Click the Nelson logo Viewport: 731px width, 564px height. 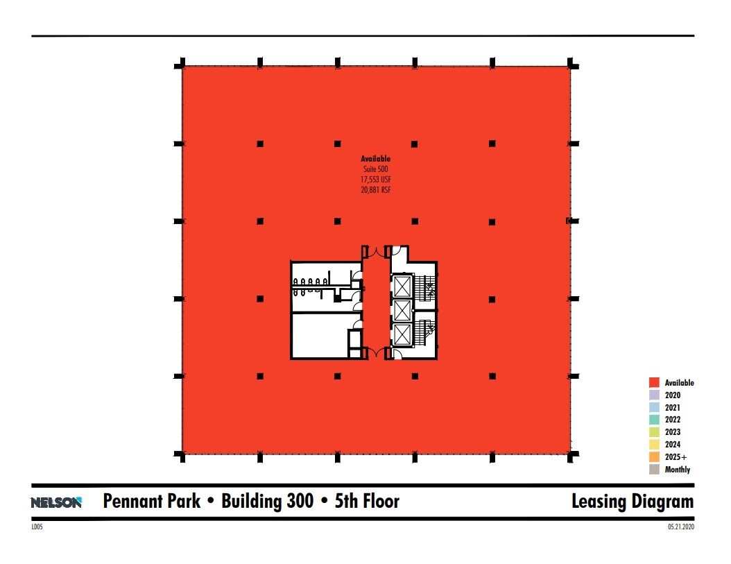click(56, 502)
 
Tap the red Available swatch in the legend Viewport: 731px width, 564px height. click(654, 382)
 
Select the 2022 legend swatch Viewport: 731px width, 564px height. click(654, 420)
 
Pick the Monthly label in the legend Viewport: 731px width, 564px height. click(678, 469)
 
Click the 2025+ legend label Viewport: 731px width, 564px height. click(676, 456)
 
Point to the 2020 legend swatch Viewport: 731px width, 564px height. click(654, 395)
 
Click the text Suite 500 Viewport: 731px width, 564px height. click(376, 169)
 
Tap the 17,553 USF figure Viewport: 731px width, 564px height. click(376, 180)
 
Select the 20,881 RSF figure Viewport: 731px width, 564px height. click(376, 190)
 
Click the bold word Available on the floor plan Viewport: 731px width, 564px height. click(376, 159)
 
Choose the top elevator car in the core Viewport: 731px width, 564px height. click(402, 287)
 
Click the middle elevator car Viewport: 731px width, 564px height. click(402, 311)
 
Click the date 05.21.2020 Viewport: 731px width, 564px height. click(681, 527)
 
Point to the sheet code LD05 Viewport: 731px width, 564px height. click(37, 527)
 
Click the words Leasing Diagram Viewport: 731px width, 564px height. click(633, 502)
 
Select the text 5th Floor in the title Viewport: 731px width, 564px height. click(368, 502)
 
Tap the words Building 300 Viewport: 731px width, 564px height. click(267, 502)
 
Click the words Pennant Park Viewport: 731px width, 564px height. click(151, 502)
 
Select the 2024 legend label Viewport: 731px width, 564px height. click(673, 444)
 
